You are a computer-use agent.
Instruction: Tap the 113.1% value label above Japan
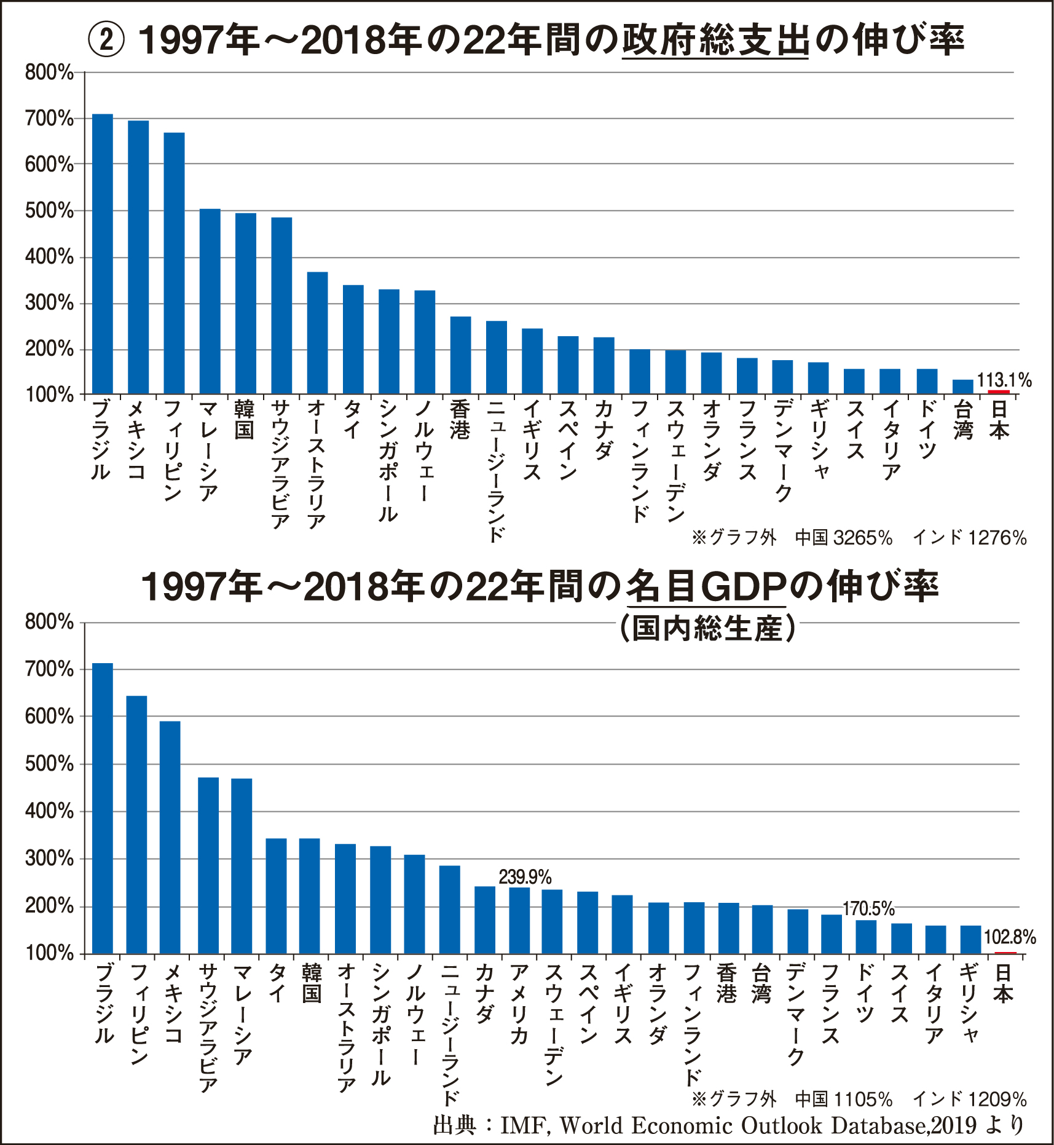click(x=1004, y=380)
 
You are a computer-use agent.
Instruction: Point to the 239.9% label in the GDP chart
click(x=525, y=877)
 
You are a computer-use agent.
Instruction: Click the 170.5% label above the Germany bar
click(x=868, y=908)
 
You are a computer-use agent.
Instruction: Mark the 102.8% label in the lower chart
click(x=1010, y=937)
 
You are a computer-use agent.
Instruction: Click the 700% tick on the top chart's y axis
click(x=49, y=118)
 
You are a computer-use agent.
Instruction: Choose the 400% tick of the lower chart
click(x=49, y=811)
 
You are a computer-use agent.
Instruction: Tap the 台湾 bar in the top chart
click(x=963, y=387)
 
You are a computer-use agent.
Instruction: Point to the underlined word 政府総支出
click(x=715, y=41)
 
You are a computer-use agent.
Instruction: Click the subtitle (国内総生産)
click(x=707, y=628)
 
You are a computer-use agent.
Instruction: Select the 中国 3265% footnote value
click(x=844, y=538)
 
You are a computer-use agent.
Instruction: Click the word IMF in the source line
click(x=521, y=1125)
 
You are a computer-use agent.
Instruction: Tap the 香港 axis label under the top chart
click(x=460, y=420)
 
